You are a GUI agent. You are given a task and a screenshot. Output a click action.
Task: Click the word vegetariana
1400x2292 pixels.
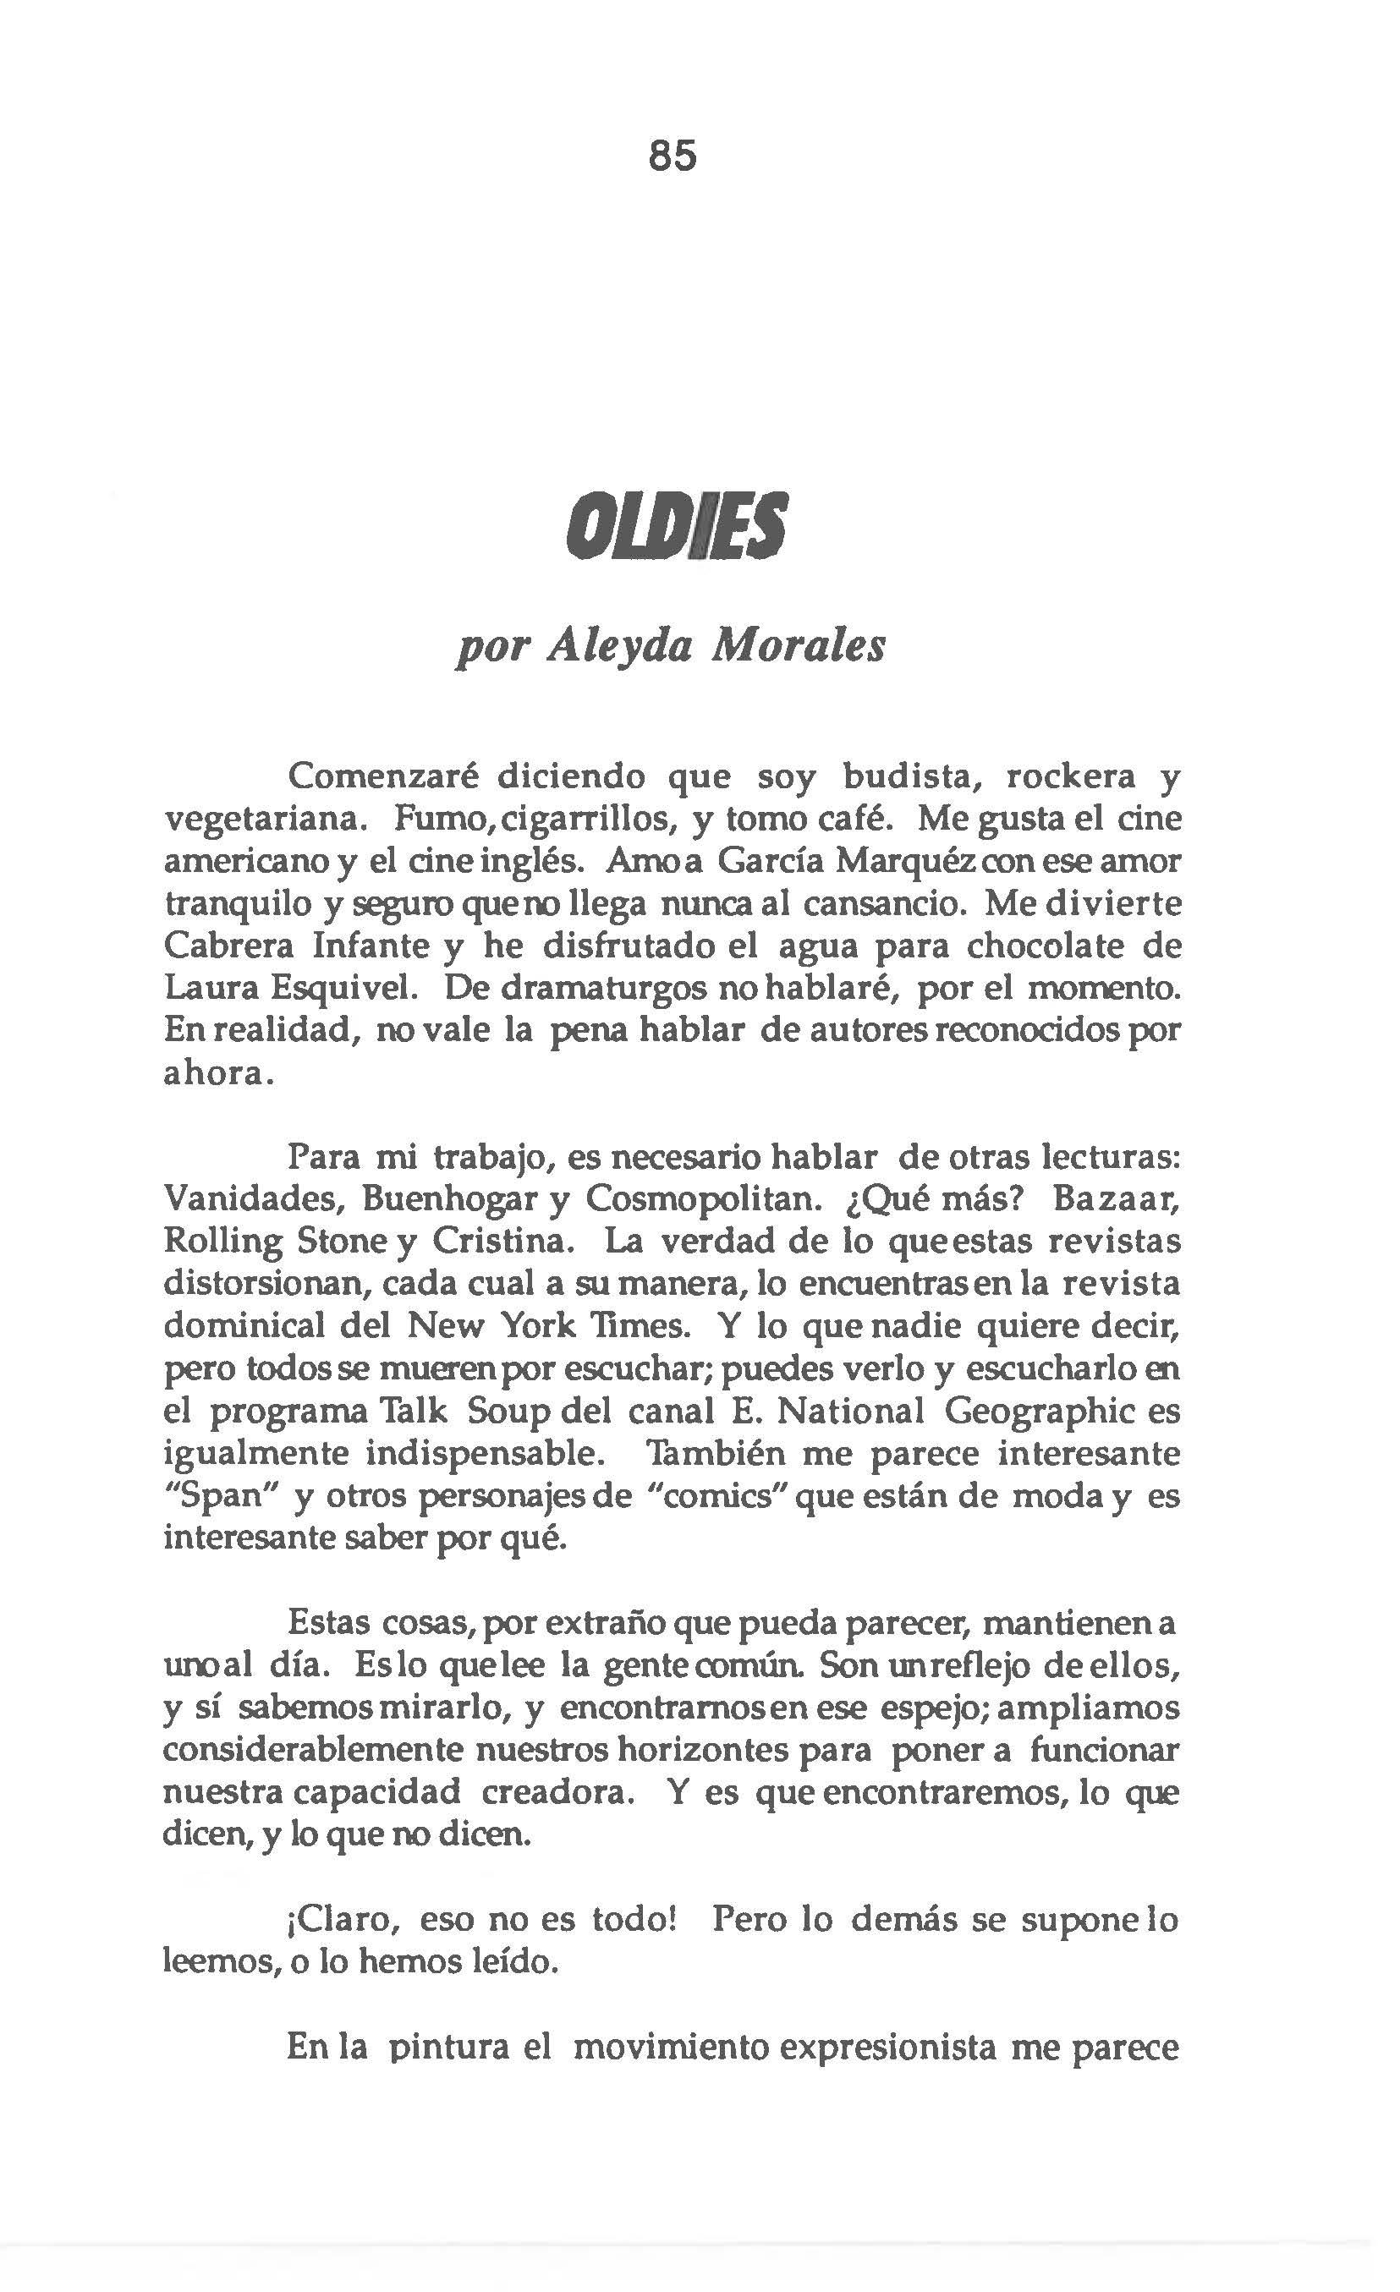(x=257, y=819)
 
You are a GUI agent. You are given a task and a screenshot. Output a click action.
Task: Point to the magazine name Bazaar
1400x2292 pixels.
(x=1117, y=1199)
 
